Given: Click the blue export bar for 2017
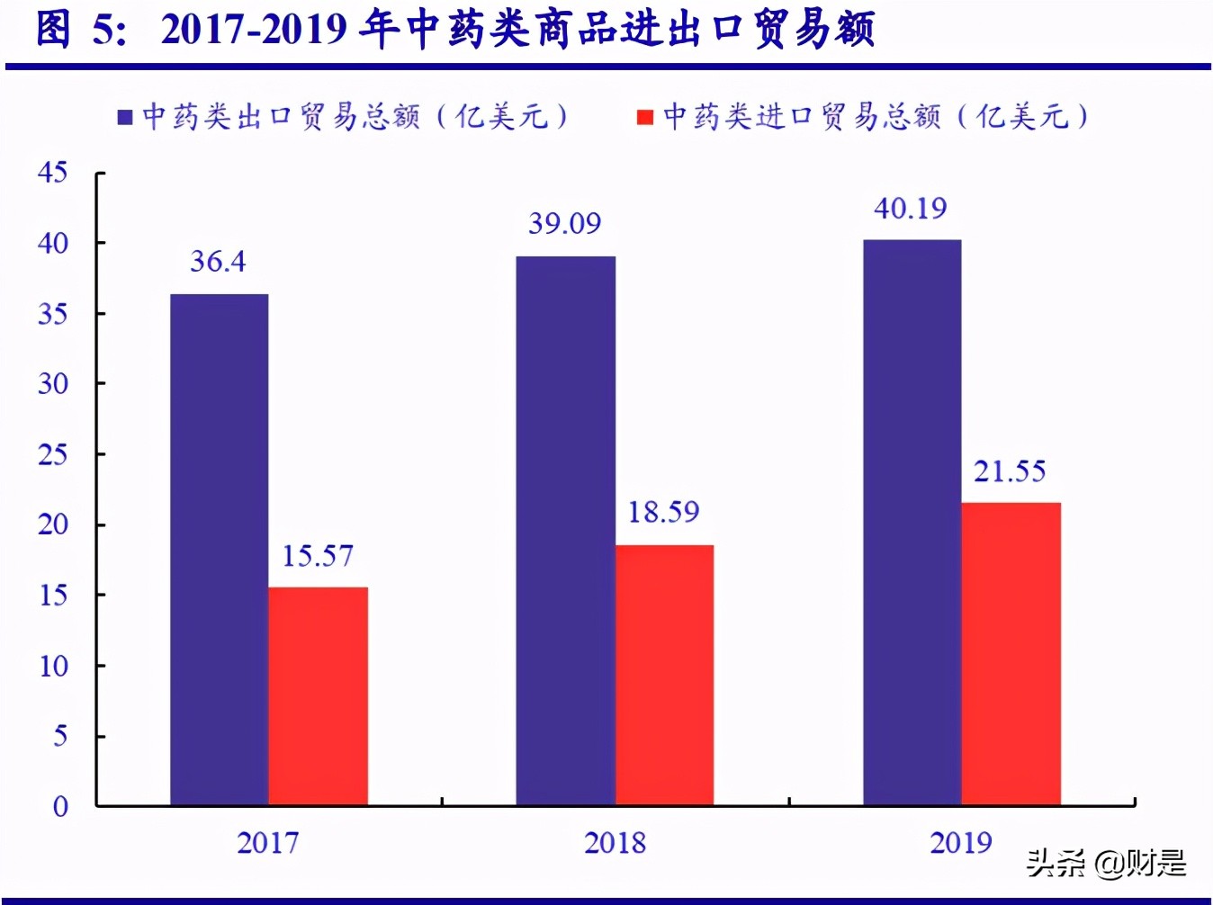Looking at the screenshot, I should [219, 549].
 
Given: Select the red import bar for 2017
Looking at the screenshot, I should [318, 695].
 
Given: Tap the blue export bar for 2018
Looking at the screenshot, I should [565, 531].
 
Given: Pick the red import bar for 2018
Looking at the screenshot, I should [664, 675].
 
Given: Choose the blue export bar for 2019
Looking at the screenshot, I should [912, 522].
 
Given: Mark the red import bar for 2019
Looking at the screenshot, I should [1011, 653].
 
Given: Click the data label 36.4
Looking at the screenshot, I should [218, 262].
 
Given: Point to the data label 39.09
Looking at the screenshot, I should [564, 223].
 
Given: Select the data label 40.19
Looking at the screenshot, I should [911, 209].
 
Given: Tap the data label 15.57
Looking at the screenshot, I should [318, 556].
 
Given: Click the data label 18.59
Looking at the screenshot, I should [663, 513].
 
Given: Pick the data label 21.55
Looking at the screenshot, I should [1010, 471].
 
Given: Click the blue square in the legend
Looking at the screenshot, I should [126, 118].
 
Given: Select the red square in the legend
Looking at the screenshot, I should [644, 118].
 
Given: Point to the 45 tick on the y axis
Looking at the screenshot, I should [52, 173].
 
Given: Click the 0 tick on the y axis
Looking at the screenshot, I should [60, 806].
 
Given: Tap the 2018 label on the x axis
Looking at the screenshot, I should [615, 843].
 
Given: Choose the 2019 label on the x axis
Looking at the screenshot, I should [961, 843].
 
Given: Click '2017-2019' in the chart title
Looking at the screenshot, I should [254, 30].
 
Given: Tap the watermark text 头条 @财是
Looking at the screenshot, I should [1106, 864].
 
